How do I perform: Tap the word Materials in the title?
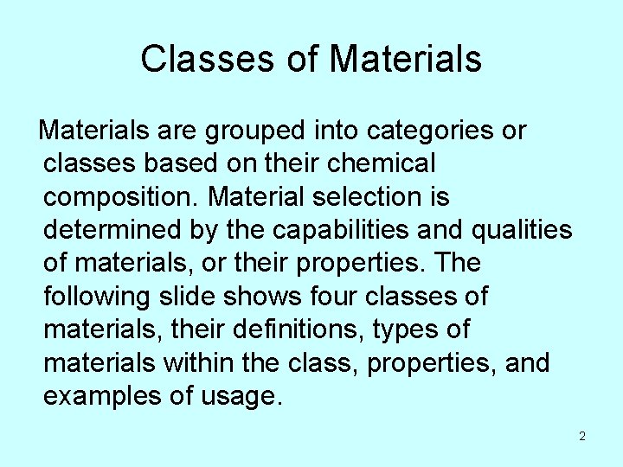tap(406, 60)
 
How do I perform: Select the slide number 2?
tap(582, 436)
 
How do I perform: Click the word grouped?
tap(255, 131)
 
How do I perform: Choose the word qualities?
tap(523, 230)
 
